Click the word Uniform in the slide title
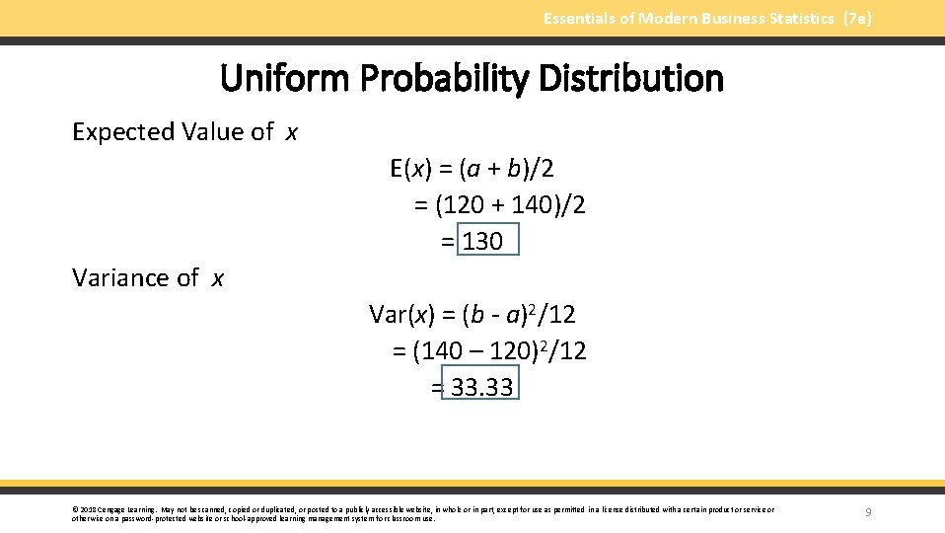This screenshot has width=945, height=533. coord(280,79)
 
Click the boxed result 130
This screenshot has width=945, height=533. coord(483,241)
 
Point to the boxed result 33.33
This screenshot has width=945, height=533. coord(479,387)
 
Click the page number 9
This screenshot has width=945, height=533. coord(867,511)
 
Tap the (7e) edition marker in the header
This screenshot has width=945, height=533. coord(856,19)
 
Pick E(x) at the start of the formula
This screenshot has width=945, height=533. coord(411,169)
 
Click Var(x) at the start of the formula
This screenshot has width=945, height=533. coord(401,315)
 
